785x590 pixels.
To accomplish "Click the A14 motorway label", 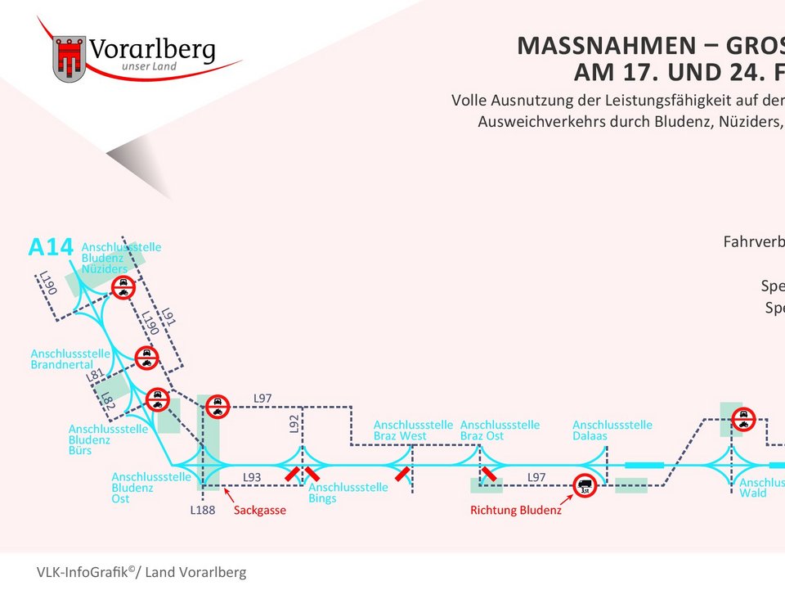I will pos(51,246).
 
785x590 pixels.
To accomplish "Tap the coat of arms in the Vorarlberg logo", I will pos(70,58).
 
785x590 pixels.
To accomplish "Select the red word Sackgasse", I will pos(260,511).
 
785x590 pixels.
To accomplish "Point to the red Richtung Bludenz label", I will pos(516,511).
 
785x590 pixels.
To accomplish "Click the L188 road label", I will pos(203,511).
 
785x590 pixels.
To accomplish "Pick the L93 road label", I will pos(252,476).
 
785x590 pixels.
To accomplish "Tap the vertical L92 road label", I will pos(295,423).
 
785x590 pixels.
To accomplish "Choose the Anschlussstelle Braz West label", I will pos(413,430).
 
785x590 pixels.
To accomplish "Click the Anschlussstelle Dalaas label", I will pos(612,430).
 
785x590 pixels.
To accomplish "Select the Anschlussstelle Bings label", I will pos(348,493).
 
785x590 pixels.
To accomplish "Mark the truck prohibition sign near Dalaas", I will pos(585,485).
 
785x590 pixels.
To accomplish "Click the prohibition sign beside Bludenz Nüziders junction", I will pos(123,287).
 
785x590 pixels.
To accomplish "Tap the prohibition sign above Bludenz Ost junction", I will pos(218,406).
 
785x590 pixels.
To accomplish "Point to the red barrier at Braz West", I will pos(402,474).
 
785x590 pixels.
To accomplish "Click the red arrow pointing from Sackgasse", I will pos(228,496).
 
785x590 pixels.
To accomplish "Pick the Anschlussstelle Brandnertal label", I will pos(70,359).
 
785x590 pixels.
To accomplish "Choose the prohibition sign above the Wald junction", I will pos(743,419).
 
